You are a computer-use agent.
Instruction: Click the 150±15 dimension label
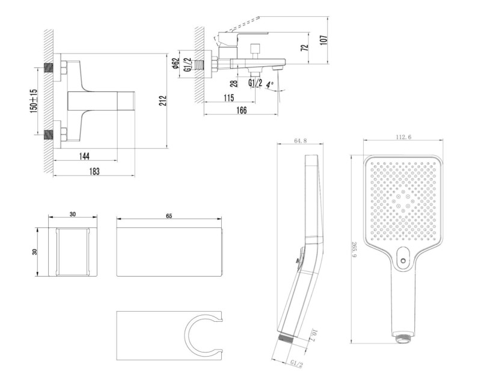click(34, 100)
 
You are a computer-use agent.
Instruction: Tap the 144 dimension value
click(84, 156)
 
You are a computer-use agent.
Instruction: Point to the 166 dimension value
click(242, 110)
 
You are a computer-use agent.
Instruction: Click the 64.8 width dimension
click(301, 141)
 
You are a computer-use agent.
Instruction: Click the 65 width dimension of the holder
click(170, 215)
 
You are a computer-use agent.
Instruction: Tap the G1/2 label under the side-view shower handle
click(296, 363)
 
